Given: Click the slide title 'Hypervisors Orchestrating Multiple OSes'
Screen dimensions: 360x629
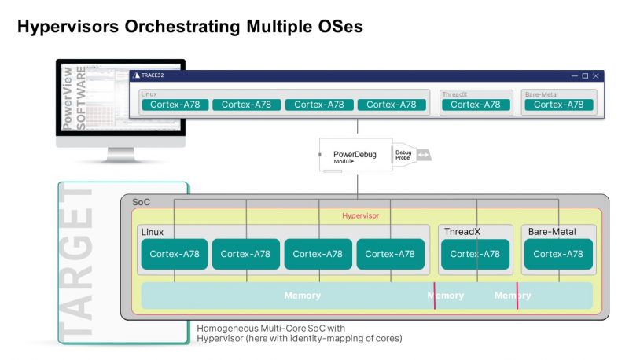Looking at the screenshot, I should (x=189, y=26).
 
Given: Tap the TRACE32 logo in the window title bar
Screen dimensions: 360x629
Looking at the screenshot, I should (x=137, y=75).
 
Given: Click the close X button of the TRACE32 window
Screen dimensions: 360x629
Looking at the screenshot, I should (x=596, y=75).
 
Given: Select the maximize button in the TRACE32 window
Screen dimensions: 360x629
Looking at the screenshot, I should (x=584, y=75).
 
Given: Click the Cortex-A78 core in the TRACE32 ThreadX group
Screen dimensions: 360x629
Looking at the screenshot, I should (x=475, y=105).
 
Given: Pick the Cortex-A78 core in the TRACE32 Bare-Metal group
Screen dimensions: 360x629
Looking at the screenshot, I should (x=558, y=105).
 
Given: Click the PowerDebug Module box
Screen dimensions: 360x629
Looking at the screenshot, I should (x=354, y=156).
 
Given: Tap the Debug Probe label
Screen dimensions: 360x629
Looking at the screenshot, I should (x=403, y=156).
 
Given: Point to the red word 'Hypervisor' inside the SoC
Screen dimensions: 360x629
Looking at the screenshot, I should (x=361, y=215).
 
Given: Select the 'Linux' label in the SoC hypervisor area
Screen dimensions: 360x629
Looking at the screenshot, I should (x=153, y=232).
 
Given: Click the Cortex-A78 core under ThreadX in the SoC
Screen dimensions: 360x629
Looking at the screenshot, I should (x=475, y=254).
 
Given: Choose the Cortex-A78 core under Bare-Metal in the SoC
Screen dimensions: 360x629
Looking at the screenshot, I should (x=558, y=254).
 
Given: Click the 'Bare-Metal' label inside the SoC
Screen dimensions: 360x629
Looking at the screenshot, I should (x=551, y=232).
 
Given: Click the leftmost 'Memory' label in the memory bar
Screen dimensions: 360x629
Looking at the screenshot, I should (x=303, y=296).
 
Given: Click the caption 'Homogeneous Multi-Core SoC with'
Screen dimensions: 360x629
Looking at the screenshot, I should (x=270, y=328).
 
